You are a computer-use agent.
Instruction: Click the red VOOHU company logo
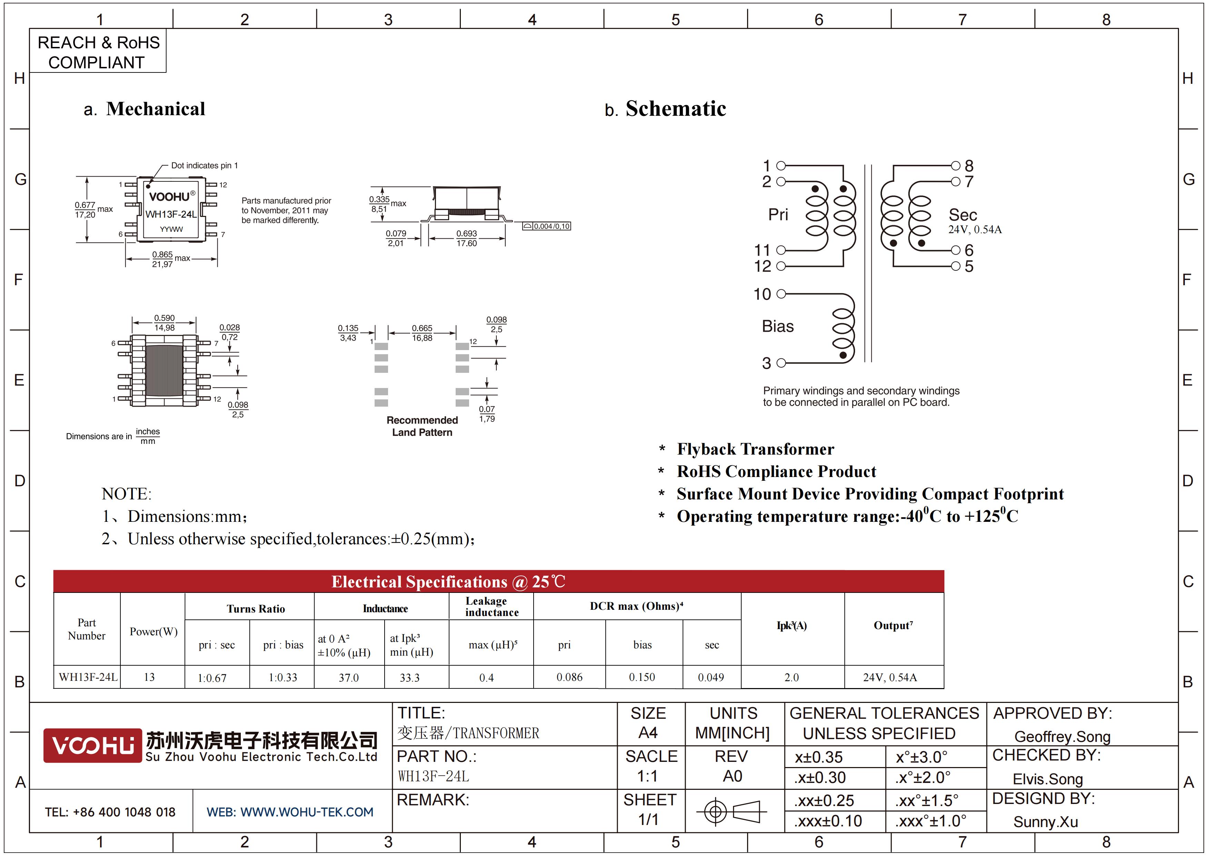tap(93, 745)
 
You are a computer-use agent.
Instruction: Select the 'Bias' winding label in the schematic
tap(778, 327)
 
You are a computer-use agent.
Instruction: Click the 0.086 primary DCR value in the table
tap(570, 677)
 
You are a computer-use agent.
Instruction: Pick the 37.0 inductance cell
tap(349, 677)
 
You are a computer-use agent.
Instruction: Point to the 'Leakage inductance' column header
tap(492, 606)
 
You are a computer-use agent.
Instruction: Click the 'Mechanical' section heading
tap(156, 109)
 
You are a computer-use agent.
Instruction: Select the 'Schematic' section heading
tap(676, 109)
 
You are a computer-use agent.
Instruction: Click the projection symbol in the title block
tap(732, 811)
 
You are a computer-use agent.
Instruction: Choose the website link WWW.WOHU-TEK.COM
tap(307, 812)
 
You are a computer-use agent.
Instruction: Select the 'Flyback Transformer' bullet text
tap(755, 449)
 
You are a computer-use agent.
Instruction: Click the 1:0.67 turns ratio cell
tap(212, 678)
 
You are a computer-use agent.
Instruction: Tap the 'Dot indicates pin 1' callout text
tap(205, 166)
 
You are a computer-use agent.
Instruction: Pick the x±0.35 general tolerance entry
tap(819, 757)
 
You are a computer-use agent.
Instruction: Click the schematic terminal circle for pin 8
tap(955, 166)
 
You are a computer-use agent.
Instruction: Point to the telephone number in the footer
tap(110, 812)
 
